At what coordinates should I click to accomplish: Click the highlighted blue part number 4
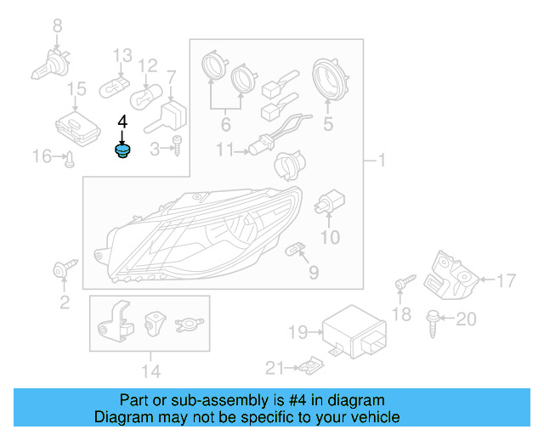click(x=123, y=152)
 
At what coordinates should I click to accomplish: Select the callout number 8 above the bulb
click(x=58, y=26)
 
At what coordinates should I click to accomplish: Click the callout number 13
click(x=122, y=55)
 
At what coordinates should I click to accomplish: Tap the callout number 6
click(x=225, y=125)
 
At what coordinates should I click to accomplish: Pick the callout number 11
click(x=224, y=150)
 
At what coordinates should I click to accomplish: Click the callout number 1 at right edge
click(x=382, y=160)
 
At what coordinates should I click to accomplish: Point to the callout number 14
click(x=150, y=370)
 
